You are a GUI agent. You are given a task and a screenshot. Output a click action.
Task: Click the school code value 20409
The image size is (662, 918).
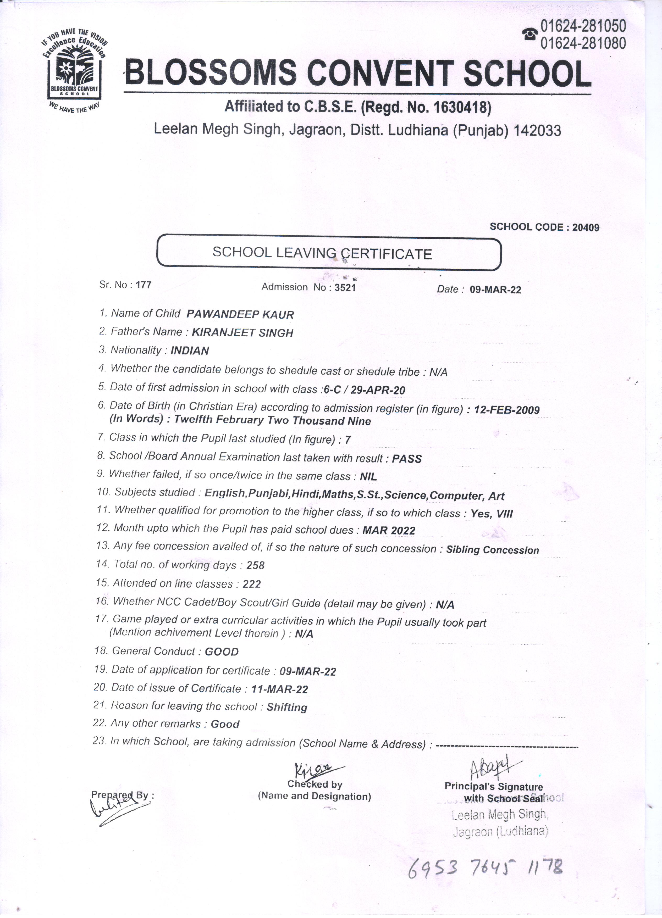(x=586, y=227)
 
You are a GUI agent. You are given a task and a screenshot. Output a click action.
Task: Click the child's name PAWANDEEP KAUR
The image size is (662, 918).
(x=240, y=314)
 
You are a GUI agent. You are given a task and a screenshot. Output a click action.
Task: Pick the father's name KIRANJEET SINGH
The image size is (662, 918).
(x=242, y=333)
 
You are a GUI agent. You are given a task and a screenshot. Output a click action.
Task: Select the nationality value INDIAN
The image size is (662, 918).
(x=190, y=350)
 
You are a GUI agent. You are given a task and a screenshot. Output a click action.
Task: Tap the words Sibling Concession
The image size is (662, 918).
(x=492, y=550)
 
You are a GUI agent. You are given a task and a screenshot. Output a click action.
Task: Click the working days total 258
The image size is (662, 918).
(x=256, y=565)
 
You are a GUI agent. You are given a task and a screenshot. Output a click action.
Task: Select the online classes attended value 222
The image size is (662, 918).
(x=252, y=584)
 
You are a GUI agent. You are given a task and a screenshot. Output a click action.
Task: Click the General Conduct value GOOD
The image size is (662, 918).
(x=222, y=652)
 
